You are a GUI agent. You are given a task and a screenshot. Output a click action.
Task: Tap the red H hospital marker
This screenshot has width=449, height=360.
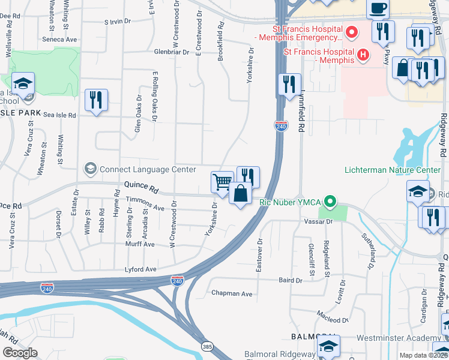pos(363,55)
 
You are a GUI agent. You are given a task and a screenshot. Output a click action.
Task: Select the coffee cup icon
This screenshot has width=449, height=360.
pos(378,9)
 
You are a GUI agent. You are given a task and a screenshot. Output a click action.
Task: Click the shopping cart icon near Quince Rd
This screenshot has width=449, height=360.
pos(222,181)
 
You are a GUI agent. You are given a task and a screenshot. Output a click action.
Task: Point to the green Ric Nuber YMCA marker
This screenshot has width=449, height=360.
pos(329,202)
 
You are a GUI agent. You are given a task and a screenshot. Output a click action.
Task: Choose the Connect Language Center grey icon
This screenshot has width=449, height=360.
pos(91,169)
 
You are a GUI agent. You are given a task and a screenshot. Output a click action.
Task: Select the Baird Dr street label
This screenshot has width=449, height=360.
pos(290,280)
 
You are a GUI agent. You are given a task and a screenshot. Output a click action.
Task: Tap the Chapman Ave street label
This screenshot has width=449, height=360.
pos(232,293)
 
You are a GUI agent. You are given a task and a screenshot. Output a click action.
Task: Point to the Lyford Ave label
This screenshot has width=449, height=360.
pos(140,269)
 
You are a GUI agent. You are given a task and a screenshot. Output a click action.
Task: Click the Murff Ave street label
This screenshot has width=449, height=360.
pos(140,244)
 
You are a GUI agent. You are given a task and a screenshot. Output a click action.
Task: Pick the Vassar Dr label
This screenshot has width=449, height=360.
pos(321,221)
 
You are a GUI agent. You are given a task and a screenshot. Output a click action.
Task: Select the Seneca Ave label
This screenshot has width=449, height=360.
pos(60,39)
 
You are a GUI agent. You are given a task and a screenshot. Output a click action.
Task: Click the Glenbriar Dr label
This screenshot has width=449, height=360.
pos(175,52)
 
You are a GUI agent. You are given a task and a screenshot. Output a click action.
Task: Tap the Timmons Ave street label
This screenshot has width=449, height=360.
pos(145,207)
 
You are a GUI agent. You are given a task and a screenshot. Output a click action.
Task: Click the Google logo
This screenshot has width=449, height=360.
pos(20,353)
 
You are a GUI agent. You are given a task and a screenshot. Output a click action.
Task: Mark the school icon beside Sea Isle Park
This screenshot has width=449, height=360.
pos(23,83)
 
